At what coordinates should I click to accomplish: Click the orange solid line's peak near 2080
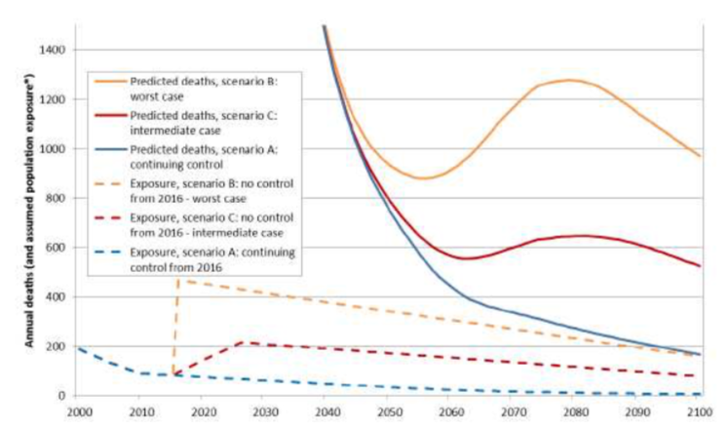click(570, 80)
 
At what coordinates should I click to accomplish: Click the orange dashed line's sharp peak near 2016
click(178, 280)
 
